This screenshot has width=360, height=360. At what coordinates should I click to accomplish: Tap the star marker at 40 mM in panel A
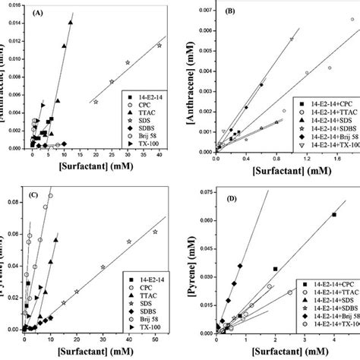pos(159,46)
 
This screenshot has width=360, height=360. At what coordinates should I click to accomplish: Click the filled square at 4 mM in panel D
pos(334,215)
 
